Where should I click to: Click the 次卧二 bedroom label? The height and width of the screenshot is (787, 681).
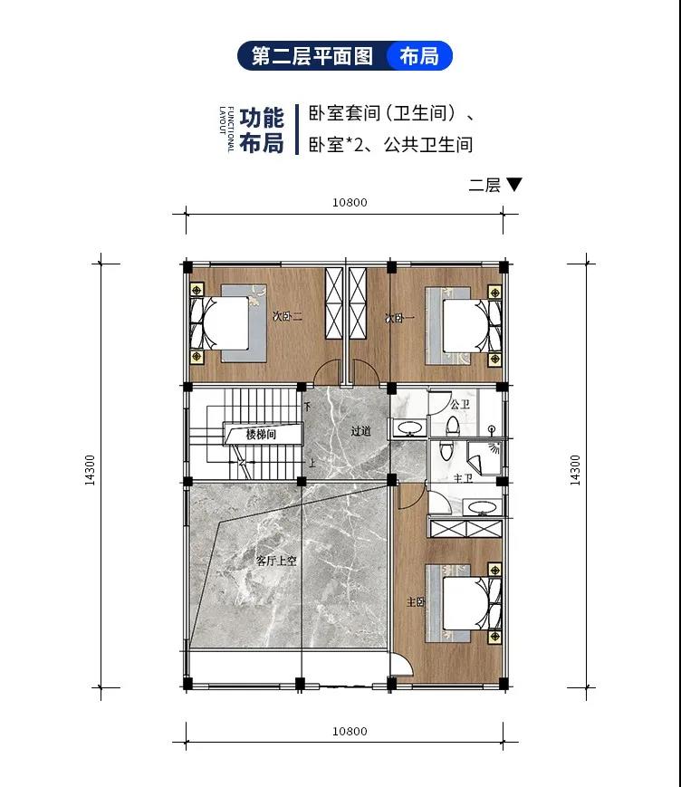tap(287, 316)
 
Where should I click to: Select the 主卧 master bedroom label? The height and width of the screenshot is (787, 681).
tap(416, 601)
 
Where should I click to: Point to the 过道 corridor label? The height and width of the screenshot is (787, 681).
tap(360, 431)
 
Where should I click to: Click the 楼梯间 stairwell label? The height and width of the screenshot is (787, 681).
tap(261, 434)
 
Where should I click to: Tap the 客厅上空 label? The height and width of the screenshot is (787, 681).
tap(276, 561)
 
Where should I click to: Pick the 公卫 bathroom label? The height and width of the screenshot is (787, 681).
tap(460, 404)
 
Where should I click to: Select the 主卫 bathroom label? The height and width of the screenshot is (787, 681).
tap(463, 478)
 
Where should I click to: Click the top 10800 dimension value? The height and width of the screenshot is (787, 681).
tap(350, 202)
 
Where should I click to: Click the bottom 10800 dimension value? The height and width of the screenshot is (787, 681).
tap(350, 731)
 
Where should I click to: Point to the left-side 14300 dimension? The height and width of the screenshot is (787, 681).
tap(90, 470)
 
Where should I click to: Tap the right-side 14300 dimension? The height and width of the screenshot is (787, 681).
tap(575, 470)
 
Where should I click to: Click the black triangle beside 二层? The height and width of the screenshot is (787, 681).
tap(513, 184)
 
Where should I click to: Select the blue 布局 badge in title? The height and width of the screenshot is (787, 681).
tap(419, 56)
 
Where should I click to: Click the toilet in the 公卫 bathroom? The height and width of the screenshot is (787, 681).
tap(453, 426)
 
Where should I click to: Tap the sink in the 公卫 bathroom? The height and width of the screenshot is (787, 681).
tap(410, 428)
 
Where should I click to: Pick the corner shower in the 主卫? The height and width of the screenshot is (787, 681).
tap(484, 457)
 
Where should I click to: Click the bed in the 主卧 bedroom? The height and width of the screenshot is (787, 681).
tap(464, 603)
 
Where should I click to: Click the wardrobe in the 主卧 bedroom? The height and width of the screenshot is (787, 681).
tap(466, 529)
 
